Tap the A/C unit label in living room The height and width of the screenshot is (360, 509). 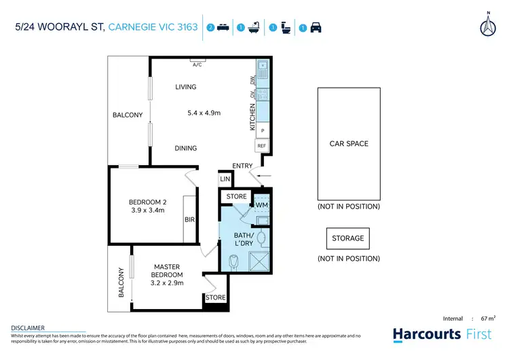(x=197, y=65)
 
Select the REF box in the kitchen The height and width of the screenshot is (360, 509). (x=261, y=145)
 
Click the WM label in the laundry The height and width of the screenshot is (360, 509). (x=261, y=204)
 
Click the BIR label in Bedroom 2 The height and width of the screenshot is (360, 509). (x=189, y=220)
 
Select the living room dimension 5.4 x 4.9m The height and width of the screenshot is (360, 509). (x=204, y=113)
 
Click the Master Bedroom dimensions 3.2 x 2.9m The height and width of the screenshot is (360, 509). (x=166, y=283)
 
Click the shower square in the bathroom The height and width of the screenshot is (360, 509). (x=259, y=261)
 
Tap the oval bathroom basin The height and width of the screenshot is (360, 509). (x=260, y=237)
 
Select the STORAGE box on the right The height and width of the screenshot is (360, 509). (x=347, y=238)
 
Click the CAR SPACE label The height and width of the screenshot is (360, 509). (x=348, y=144)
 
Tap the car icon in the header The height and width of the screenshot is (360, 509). (x=316, y=28)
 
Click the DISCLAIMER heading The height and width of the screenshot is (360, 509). (x=28, y=328)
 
